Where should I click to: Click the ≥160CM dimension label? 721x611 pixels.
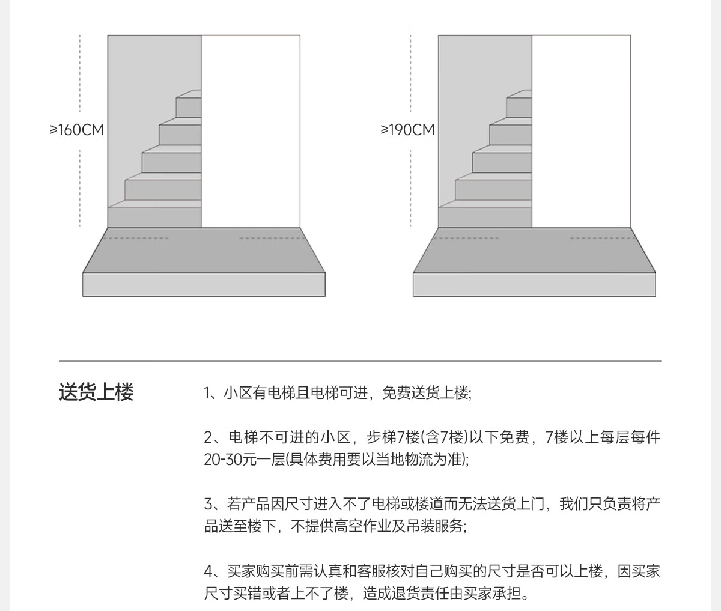77,130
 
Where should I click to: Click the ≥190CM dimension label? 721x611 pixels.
407,130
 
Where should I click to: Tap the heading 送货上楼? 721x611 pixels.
96,392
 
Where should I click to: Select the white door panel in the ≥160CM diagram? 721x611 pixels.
251,132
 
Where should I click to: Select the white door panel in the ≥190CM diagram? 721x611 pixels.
581,132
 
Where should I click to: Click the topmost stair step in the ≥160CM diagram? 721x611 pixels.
189,104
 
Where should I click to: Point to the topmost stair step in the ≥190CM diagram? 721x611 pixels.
519,104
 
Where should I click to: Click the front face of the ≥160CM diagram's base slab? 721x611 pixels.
204,285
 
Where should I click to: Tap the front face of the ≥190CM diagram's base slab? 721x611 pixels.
534,285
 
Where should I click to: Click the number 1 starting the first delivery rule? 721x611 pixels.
207,393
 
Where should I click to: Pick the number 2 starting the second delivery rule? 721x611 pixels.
208,437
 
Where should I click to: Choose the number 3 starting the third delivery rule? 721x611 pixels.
208,504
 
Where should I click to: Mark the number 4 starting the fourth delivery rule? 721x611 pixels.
208,571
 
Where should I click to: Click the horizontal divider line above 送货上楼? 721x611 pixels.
360,361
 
